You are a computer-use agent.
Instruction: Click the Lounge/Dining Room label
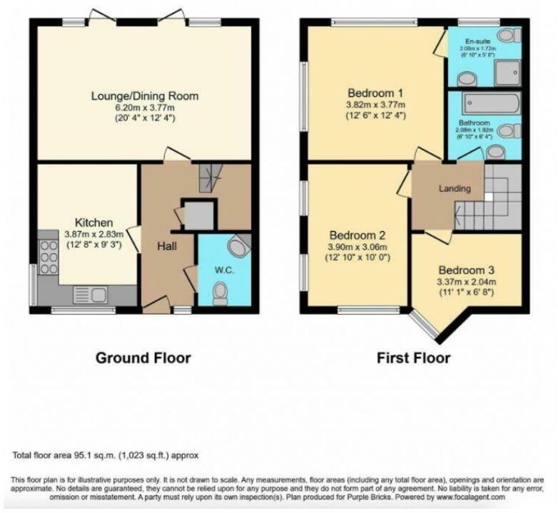coord(144,95)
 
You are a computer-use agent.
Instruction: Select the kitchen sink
coord(91,294)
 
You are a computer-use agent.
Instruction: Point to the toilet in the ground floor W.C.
coord(220,293)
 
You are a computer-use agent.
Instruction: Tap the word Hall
coord(166,246)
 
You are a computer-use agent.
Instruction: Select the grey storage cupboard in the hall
coord(198,214)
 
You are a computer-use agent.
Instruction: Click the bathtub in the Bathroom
coord(491,104)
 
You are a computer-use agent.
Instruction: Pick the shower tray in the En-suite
coord(507,71)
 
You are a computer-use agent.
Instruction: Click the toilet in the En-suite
coord(508,35)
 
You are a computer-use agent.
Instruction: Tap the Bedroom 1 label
coord(375,93)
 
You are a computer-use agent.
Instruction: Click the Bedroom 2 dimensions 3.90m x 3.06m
coord(357,247)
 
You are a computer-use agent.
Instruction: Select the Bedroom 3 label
coord(466,271)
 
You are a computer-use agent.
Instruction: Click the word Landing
coord(454,189)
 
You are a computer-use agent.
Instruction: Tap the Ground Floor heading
coord(143,358)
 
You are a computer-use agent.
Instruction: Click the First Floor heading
coord(413,358)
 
